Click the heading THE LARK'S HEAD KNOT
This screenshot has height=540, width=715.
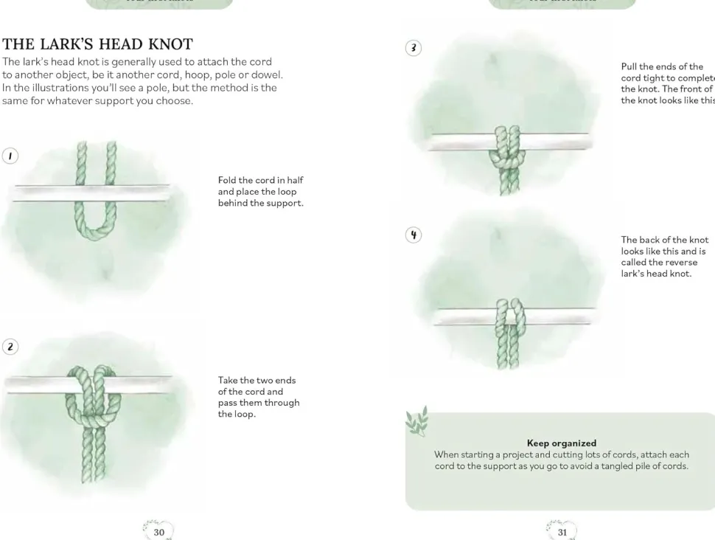click(97, 44)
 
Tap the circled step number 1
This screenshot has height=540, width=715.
click(10, 156)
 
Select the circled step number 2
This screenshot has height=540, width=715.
click(10, 347)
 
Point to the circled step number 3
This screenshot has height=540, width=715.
click(414, 48)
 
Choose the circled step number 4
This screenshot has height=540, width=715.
click(414, 235)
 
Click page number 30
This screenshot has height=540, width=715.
click(158, 532)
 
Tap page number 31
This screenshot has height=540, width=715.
click(562, 532)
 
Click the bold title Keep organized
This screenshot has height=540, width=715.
click(561, 443)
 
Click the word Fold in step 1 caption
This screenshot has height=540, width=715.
click(227, 180)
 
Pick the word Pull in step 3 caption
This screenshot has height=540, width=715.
click(630, 66)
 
